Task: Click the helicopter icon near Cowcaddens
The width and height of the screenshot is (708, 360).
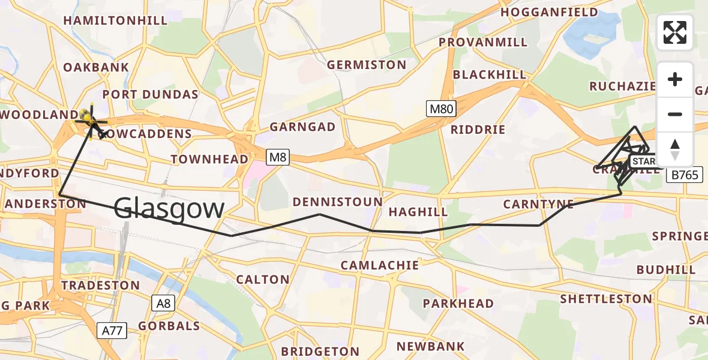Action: (91, 118)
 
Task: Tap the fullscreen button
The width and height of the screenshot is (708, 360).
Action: (675, 32)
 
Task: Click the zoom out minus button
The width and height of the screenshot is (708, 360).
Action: (675, 114)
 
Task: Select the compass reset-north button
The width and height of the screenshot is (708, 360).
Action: (675, 149)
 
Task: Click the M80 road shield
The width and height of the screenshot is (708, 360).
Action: (442, 109)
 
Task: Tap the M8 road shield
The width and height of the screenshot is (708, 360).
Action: (277, 157)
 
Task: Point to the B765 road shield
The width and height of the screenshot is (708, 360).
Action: (683, 175)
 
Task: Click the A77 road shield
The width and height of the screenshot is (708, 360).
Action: (112, 329)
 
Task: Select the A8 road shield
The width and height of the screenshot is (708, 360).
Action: (162, 303)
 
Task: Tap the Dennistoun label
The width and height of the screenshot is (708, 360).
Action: (338, 202)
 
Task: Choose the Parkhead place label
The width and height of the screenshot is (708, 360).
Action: (458, 304)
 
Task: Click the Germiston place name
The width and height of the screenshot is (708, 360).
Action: (366, 65)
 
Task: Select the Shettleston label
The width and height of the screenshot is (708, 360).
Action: (606, 299)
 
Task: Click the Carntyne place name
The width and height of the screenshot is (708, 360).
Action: (538, 205)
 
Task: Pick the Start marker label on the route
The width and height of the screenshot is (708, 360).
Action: (643, 161)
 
